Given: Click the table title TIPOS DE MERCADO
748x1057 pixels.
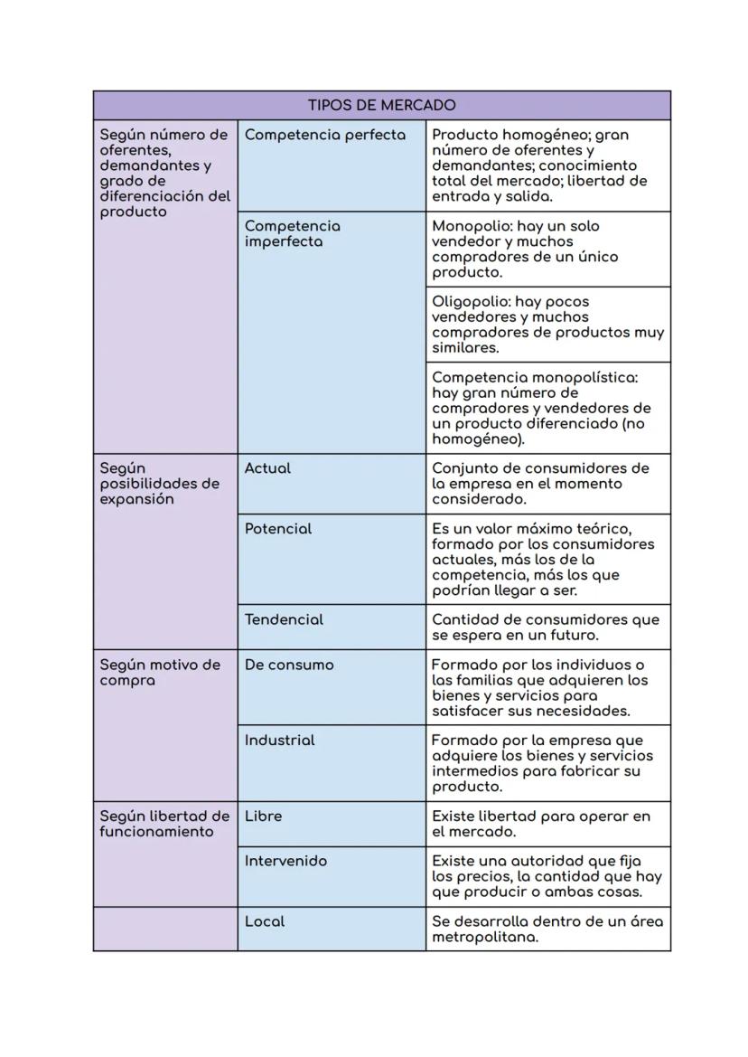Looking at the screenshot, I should tap(381, 105).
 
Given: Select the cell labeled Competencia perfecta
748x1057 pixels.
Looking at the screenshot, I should tap(324, 135).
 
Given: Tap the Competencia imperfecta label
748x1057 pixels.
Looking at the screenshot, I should tap(292, 233).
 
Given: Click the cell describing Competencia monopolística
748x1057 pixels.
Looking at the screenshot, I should tap(547, 408).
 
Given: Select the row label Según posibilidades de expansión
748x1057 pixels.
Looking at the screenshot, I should tap(159, 484).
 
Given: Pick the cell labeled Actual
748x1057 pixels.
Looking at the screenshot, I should tap(267, 468).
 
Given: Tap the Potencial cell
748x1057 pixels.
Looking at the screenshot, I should tap(277, 529).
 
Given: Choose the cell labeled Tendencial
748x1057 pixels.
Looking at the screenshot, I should tap(284, 619).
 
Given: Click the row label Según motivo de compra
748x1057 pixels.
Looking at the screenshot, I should tap(159, 672).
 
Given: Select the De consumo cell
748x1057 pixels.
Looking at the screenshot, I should tap(288, 665).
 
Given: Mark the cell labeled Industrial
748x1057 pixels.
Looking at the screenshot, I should tap(279, 740).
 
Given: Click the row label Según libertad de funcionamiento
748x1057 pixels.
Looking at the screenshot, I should tap(164, 823).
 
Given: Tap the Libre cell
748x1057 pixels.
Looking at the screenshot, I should tap(263, 816).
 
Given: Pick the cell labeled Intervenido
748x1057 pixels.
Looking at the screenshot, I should tap(285, 861).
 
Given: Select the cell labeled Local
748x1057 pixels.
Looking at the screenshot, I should tap(264, 921).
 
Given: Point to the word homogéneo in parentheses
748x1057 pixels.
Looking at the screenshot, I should tap(475, 439).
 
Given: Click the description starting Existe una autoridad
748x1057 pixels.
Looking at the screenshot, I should tap(547, 876).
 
